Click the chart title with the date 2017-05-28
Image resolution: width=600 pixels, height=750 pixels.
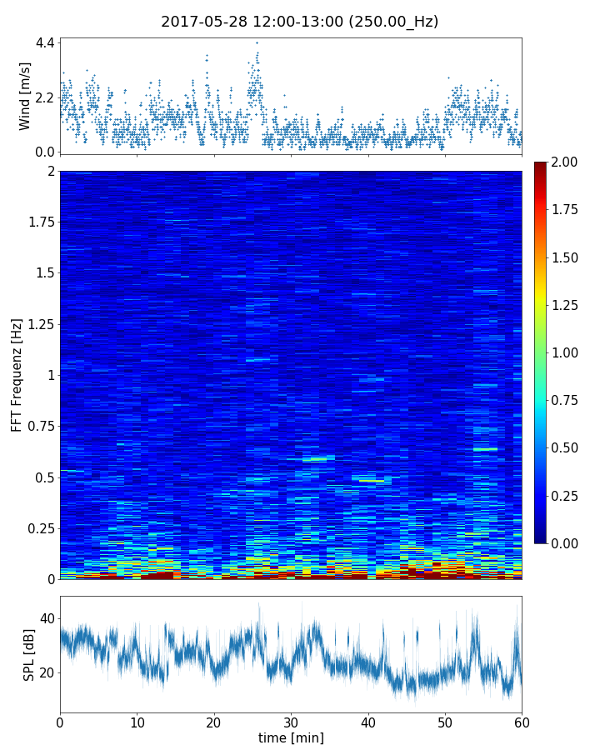click(299, 22)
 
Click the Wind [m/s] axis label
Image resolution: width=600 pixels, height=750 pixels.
click(25, 96)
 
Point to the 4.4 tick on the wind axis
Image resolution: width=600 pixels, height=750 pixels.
click(45, 42)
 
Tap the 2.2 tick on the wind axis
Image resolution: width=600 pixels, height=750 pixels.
click(45, 97)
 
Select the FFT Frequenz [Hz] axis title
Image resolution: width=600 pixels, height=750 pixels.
click(17, 374)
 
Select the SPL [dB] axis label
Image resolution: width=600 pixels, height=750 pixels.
click(29, 654)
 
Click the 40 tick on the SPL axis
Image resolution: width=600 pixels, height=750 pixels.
click(47, 618)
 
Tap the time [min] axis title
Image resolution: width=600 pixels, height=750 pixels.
click(291, 737)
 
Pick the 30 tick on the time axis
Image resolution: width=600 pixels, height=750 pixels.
click(291, 720)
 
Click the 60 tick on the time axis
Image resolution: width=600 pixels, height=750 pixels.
click(522, 720)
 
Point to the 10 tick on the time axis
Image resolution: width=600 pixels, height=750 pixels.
click(137, 720)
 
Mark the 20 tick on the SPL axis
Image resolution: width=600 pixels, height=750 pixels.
click(47, 672)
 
